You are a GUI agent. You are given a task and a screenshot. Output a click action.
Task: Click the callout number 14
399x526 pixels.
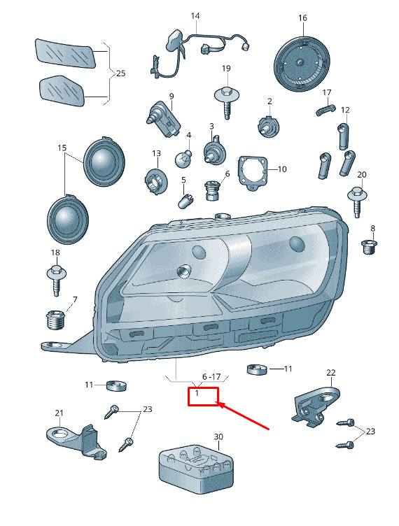click(195, 16)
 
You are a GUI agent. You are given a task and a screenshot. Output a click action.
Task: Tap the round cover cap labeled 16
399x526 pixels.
click(302, 64)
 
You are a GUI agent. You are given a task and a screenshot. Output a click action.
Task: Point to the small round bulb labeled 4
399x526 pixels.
click(183, 158)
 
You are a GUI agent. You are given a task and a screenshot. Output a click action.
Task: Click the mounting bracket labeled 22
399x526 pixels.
click(316, 407)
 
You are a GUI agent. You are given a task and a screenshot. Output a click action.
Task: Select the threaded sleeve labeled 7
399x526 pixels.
click(55, 320)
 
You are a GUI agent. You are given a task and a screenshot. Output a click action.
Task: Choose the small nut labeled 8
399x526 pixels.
click(369, 247)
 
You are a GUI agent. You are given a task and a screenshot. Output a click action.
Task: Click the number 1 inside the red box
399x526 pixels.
click(197, 392)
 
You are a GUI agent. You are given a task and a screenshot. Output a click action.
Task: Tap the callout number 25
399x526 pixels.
click(120, 73)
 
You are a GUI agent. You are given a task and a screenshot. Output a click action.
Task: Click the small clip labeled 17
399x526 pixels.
click(325, 110)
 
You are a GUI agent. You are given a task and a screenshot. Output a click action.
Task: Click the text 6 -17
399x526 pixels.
click(211, 377)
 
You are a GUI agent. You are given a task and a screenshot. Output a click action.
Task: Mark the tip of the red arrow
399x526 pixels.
click(219, 404)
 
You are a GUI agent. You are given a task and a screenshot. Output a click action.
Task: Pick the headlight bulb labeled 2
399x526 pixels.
click(269, 126)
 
